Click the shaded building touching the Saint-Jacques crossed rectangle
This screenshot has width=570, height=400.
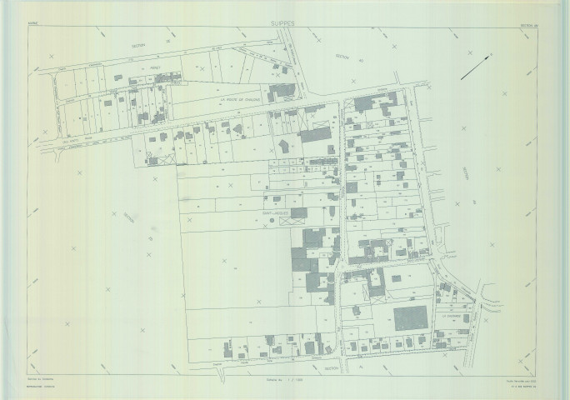click(x=298, y=213)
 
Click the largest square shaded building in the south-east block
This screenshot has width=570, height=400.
click(x=409, y=320)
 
